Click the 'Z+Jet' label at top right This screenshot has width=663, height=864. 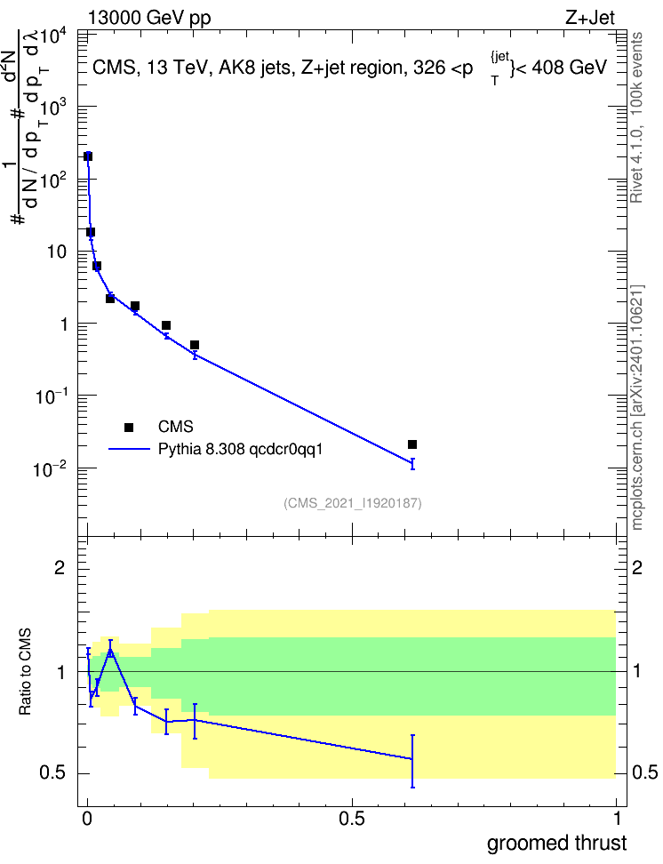(x=590, y=18)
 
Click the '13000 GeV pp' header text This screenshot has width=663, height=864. (x=149, y=18)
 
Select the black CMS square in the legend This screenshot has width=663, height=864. (x=129, y=427)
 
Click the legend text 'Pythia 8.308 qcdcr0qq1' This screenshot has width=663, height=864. (x=240, y=450)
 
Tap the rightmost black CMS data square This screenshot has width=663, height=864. (x=412, y=444)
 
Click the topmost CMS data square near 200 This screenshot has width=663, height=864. (x=88, y=156)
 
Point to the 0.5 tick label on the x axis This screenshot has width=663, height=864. (x=352, y=819)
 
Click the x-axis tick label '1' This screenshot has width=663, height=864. (x=617, y=819)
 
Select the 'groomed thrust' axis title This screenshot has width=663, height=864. (x=556, y=844)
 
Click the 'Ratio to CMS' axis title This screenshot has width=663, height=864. (x=26, y=672)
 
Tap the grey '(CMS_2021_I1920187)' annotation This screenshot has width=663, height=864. (x=353, y=503)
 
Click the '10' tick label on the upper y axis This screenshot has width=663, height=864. (x=57, y=252)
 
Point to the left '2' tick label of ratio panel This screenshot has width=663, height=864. (x=60, y=568)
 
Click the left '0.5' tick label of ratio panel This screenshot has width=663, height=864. (x=53, y=773)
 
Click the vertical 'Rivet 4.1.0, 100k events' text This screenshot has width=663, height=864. (x=636, y=118)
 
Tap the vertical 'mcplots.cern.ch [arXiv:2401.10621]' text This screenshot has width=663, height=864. (x=636, y=408)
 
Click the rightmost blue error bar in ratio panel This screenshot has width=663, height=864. (x=412, y=761)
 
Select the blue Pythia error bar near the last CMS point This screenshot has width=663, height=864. (x=412, y=463)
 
